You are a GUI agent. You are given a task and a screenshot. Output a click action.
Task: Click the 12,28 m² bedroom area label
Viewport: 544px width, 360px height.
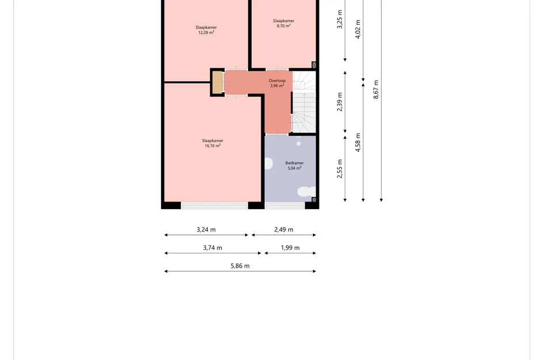coord(206,30)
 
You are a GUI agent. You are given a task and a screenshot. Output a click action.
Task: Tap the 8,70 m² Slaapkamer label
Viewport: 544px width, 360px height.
coord(283,23)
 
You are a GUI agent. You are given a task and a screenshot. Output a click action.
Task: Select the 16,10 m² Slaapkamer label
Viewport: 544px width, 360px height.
coord(212,143)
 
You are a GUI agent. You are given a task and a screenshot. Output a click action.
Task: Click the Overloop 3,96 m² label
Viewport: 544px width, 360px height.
coord(277,84)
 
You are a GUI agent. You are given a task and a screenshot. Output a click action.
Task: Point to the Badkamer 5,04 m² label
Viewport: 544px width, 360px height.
coord(295,165)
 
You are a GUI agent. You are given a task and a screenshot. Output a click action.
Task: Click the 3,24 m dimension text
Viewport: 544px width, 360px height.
coord(206,229)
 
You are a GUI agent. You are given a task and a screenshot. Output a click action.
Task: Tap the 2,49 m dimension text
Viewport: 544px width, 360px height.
coord(284,229)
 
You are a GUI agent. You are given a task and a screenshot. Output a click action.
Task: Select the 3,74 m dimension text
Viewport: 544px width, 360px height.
coord(212,248)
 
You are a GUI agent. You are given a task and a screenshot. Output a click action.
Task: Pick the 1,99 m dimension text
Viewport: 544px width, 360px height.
coord(290,248)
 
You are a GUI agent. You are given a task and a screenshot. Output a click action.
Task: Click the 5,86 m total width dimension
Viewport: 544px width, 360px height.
coord(240,266)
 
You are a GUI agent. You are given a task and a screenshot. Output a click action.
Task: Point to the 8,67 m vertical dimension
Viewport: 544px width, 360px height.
coord(376,89)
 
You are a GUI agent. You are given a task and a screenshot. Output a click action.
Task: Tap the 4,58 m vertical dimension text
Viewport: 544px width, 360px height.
coord(358,142)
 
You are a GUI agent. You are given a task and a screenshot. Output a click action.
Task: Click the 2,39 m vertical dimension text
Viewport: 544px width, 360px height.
coord(340,102)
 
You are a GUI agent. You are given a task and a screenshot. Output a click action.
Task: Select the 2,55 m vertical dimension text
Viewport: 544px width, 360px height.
coord(340,169)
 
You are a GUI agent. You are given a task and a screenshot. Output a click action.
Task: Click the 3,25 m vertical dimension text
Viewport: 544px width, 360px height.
coord(340,19)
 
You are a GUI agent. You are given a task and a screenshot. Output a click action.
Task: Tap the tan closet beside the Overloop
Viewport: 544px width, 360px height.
coord(218,82)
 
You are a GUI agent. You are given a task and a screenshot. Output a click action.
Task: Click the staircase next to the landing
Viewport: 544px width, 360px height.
coord(305,102)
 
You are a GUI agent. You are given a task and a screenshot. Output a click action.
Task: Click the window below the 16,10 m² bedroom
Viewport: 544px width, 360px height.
coord(214,206)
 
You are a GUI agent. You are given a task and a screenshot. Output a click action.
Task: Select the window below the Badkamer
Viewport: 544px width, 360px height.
coord(285,206)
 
